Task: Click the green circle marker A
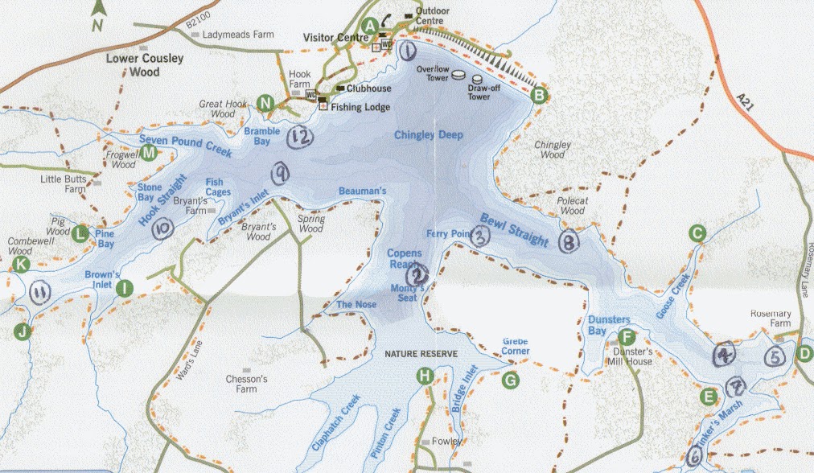369,26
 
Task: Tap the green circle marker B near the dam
540,96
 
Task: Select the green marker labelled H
425,375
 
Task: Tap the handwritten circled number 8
569,240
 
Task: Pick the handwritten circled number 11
39,292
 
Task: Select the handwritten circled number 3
479,236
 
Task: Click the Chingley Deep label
429,136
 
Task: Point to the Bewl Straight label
515,230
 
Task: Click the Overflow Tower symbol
458,75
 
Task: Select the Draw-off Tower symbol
477,80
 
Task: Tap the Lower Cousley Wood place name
146,65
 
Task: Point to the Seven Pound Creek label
184,146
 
